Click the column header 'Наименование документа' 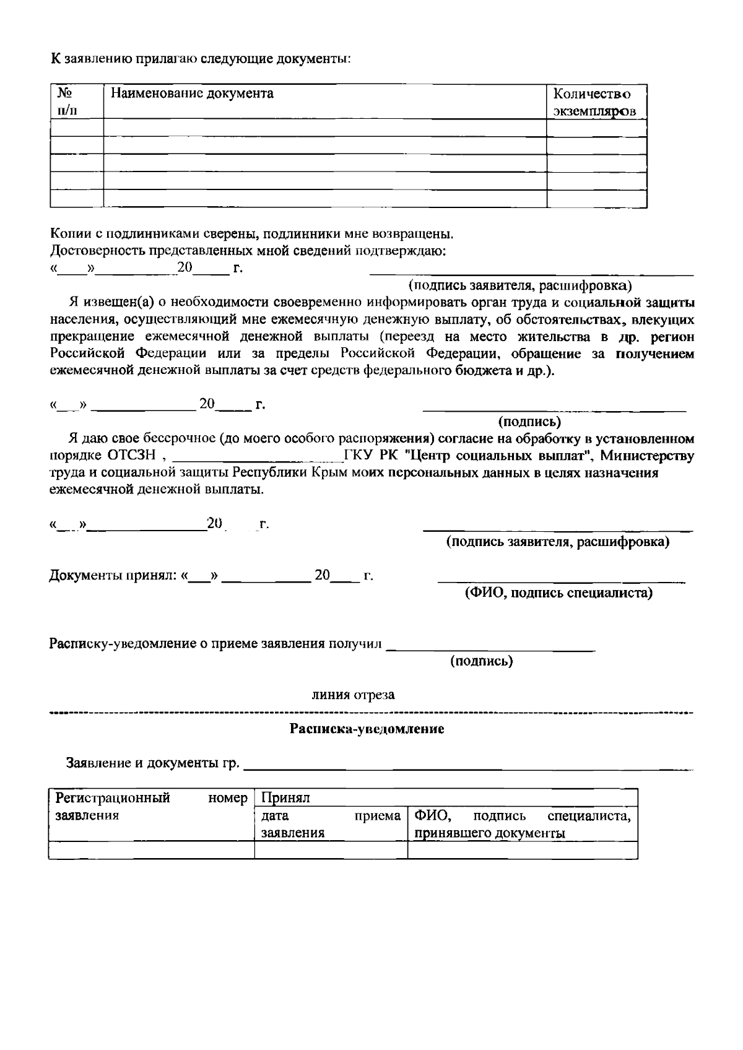click(192, 94)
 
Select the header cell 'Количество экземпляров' click(594, 103)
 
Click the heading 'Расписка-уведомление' click(367, 729)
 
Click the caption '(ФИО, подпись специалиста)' click(558, 593)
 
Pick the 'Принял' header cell click(285, 798)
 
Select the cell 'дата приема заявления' click(331, 824)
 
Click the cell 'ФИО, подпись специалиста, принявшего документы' click(522, 824)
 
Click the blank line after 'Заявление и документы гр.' click(468, 766)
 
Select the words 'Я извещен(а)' click(106, 303)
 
